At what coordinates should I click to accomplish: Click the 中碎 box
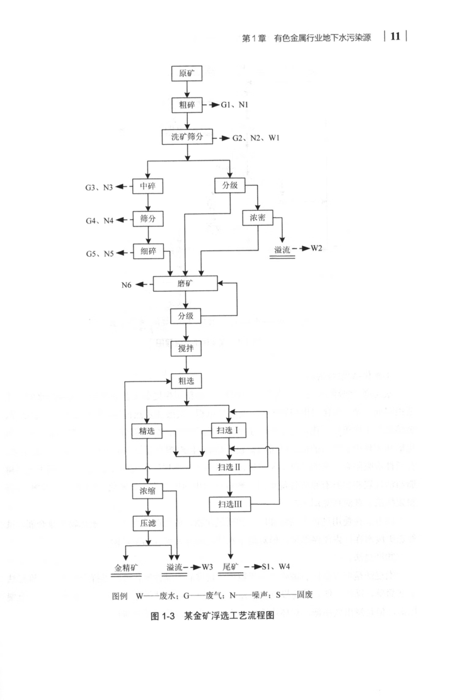coord(147,186)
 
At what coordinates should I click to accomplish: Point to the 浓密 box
coord(258,218)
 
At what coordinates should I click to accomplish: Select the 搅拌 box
coord(187,347)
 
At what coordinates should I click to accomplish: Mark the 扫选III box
coord(230,504)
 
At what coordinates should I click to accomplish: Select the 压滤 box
coord(147,522)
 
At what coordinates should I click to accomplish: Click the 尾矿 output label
coord(230,567)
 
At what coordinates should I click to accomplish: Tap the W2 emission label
coord(316,248)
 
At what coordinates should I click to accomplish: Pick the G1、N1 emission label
coord(234,104)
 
